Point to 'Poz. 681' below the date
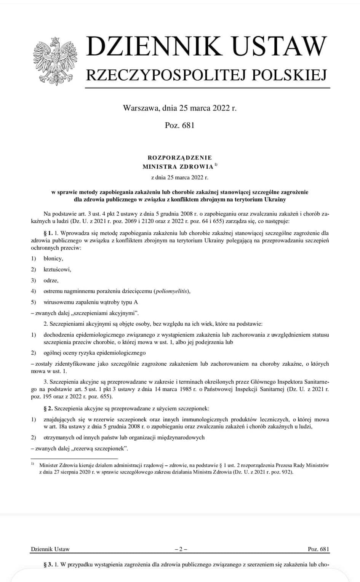pos(180,125)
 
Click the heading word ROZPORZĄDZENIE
pos(180,158)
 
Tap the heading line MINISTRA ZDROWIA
pos(178,166)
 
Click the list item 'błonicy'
pos(53,259)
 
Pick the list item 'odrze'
pos(51,280)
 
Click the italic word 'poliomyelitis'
pos(171,291)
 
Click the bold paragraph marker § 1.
pos(48,233)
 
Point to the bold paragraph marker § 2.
pos(48,409)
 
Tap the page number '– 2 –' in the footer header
pos(180,549)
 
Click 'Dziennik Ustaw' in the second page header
pos(50,549)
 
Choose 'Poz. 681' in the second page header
pos(318,549)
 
